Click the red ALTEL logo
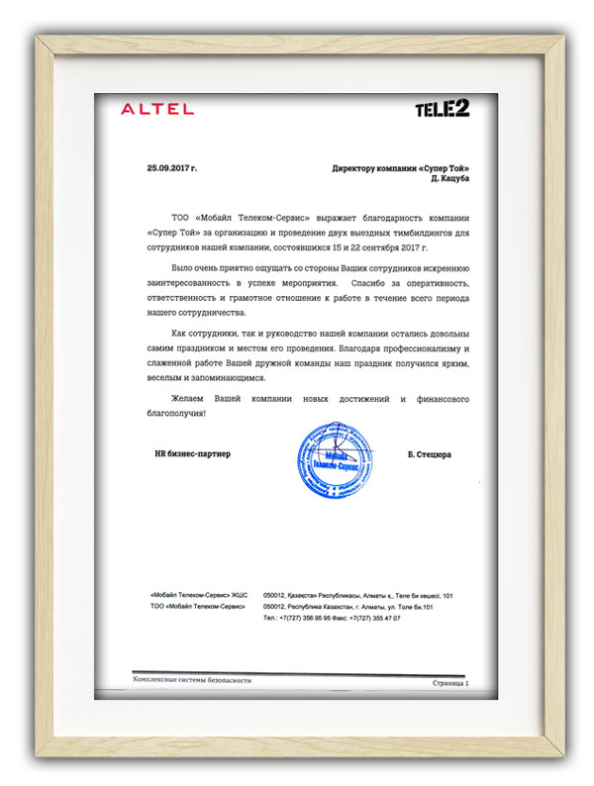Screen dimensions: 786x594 coord(157,109)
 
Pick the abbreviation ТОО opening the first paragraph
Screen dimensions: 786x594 coord(180,215)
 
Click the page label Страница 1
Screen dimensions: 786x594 coord(451,683)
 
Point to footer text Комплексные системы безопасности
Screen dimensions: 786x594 coord(192,681)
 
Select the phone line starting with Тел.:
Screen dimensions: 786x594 coord(332,617)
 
